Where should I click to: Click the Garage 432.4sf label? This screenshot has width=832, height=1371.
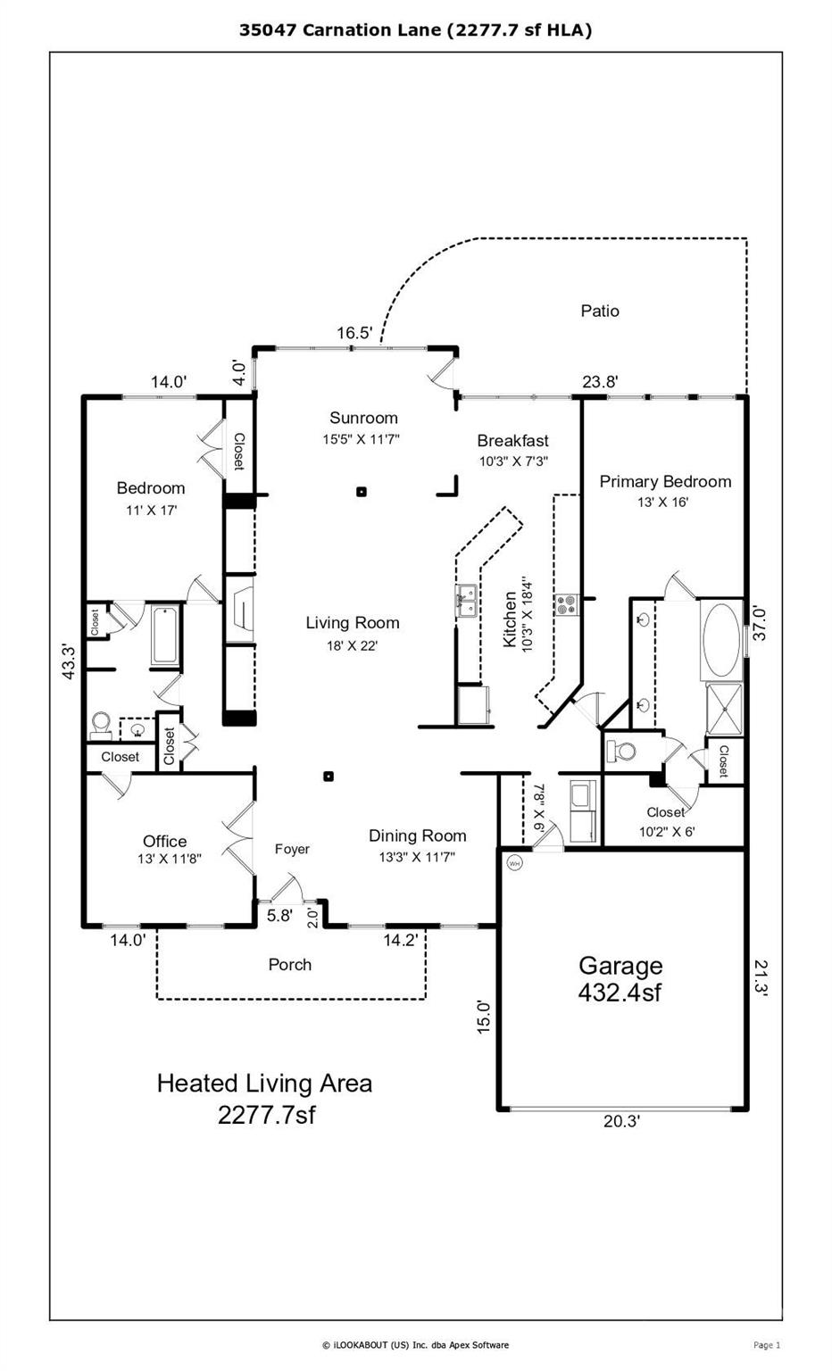coord(620,979)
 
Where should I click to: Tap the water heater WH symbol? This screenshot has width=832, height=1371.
coord(514,863)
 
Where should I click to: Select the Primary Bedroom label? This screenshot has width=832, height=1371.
coord(665,481)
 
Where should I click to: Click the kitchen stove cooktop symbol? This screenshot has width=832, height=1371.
coord(566,604)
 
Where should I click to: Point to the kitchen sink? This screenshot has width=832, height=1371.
coord(465,601)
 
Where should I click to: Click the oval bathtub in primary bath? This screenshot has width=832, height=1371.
coord(722,639)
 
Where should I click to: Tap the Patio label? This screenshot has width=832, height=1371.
coord(599,311)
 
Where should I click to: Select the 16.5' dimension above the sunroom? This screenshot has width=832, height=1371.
coord(354,333)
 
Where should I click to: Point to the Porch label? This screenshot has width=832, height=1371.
coord(289,964)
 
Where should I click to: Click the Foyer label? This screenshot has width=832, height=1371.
coord(292,849)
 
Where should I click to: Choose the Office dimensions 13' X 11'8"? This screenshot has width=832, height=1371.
coord(169,859)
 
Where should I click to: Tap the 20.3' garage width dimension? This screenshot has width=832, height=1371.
coord(621,1121)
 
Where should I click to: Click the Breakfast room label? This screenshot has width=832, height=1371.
coord(512,440)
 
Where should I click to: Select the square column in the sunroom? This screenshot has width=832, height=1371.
coord(362,491)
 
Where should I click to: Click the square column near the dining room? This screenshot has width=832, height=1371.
coord(329,776)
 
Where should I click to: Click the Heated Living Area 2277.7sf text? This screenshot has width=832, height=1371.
coord(265,1099)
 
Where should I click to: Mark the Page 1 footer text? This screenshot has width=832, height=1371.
coord(767,1345)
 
